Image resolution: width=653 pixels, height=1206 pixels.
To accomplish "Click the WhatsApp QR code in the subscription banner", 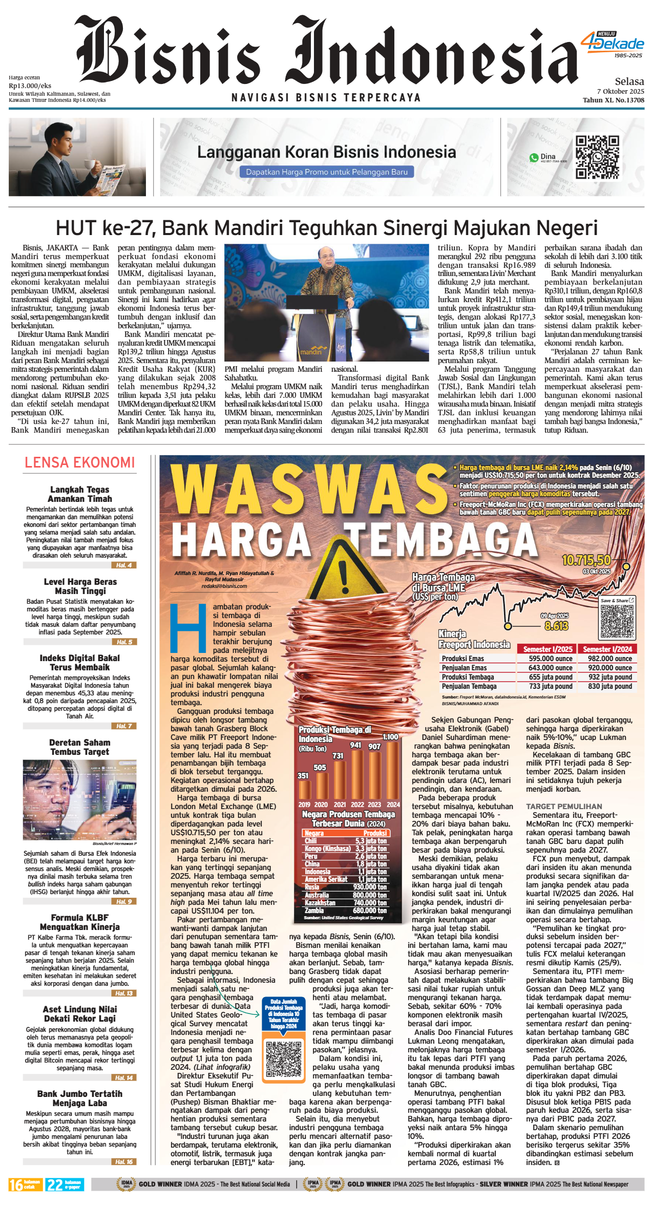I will [x=597, y=157].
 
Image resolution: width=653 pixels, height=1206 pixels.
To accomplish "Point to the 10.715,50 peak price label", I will [x=586, y=560].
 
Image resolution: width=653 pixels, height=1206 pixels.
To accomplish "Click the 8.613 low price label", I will [x=556, y=626].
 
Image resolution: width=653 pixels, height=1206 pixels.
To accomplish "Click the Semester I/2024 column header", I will [x=607, y=649].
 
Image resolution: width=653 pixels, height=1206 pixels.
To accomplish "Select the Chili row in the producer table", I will [x=345, y=841].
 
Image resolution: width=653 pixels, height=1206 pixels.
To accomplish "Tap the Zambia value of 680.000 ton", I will [x=371, y=911].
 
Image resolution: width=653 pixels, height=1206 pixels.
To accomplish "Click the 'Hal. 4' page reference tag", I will [x=123, y=565].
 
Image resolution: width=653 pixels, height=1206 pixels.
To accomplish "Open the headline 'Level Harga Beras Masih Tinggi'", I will [x=80, y=586].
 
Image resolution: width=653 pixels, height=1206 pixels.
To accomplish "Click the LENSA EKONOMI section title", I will [x=80, y=462].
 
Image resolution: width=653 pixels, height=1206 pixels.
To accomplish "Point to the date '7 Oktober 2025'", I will [x=620, y=92].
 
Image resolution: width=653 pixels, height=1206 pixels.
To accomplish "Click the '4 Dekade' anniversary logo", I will [x=613, y=44].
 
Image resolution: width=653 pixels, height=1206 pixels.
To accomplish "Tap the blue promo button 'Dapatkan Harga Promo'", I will [x=327, y=172].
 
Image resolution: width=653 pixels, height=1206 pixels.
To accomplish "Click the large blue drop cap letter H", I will [x=187, y=628].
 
